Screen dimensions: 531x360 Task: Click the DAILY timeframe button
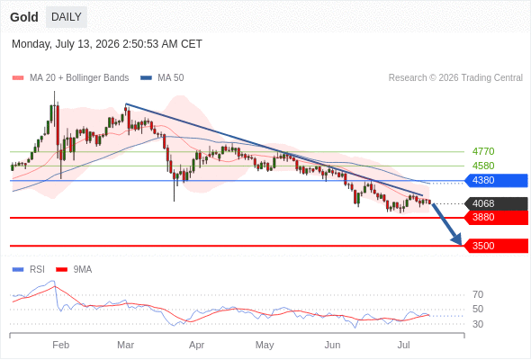point(67,17)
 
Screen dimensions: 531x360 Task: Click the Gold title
point(24,17)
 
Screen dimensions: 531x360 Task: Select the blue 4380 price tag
point(496,181)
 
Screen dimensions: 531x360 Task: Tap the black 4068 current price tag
point(496,203)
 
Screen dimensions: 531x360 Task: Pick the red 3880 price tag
point(496,218)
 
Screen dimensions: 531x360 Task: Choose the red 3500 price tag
point(496,246)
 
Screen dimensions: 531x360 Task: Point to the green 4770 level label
point(483,151)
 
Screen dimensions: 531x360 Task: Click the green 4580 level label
point(483,166)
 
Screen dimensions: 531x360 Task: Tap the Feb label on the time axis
point(60,345)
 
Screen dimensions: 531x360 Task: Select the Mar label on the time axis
point(126,345)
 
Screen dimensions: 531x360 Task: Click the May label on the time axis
point(265,345)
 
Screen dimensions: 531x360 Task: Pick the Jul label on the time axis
point(404,345)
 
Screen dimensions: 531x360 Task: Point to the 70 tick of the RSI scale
point(478,294)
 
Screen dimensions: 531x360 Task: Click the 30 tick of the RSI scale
point(478,324)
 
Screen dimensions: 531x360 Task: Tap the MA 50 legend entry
point(162,78)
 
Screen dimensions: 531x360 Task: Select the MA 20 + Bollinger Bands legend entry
point(70,78)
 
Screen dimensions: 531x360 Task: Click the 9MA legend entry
point(74,270)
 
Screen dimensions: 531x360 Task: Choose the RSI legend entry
point(29,270)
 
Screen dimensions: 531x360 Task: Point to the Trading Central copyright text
point(455,78)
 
